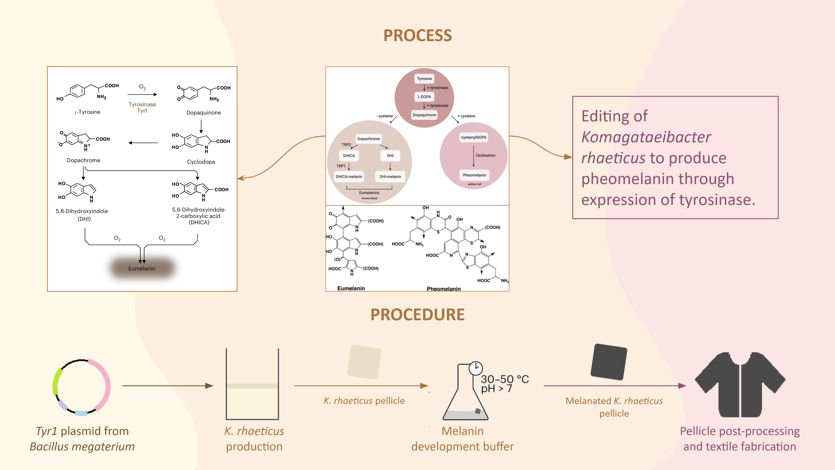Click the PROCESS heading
tap(417, 35)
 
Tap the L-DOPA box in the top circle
tap(424, 97)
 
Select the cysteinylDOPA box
tap(474, 137)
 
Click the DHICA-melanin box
tap(349, 176)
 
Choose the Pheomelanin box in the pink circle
tap(474, 175)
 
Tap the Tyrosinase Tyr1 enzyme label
tap(142, 107)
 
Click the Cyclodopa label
tap(201, 161)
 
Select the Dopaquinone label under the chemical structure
tap(204, 112)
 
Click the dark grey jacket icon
tap(740, 385)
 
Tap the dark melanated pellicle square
tap(609, 362)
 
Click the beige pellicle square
tap(364, 362)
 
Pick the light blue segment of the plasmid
tap(81, 413)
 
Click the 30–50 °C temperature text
tap(505, 379)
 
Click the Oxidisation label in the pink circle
tap(486, 155)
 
